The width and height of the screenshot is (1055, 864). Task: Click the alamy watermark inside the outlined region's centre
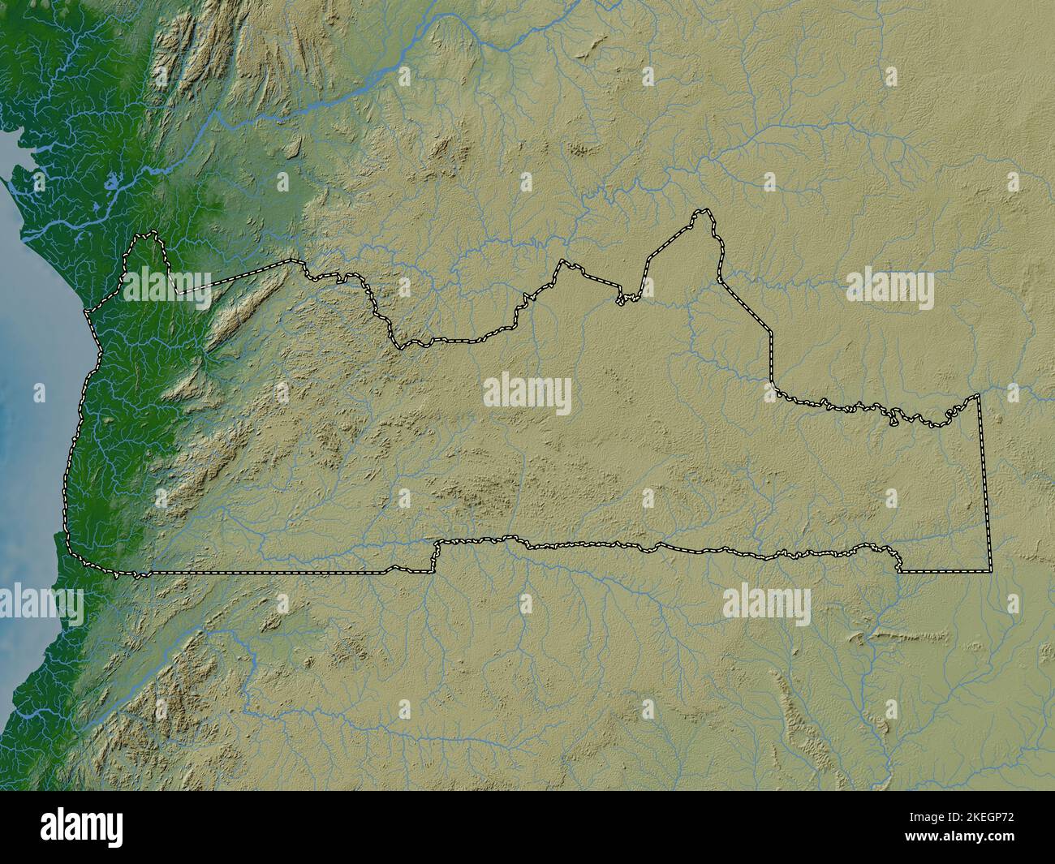(527, 395)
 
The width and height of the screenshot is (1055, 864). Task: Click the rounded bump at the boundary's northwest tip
(144, 238)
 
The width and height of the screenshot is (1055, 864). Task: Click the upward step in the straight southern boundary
(434, 557)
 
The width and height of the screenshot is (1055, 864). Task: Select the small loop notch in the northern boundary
(622, 301)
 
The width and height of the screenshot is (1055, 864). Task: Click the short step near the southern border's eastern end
(899, 562)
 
